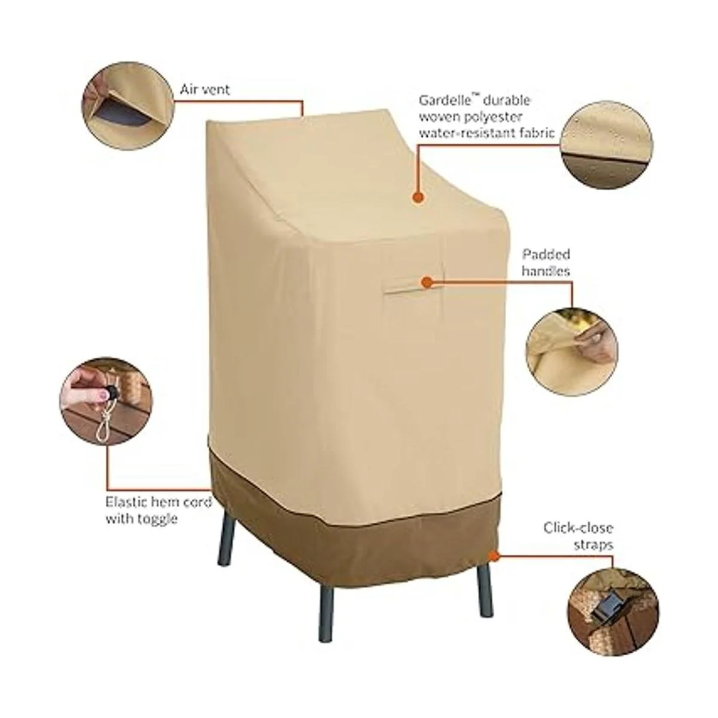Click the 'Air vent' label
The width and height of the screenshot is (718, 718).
pyautogui.click(x=205, y=90)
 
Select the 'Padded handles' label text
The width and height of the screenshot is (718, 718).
pyautogui.click(x=546, y=262)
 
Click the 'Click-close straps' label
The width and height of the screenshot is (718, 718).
pyautogui.click(x=578, y=536)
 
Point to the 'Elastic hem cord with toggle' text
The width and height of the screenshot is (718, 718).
pyautogui.click(x=159, y=510)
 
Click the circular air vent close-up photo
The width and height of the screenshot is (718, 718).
pyautogui.click(x=128, y=105)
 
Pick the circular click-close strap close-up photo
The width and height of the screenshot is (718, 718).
pyautogui.click(x=613, y=601)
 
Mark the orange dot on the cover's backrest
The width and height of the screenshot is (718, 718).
pyautogui.click(x=419, y=197)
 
